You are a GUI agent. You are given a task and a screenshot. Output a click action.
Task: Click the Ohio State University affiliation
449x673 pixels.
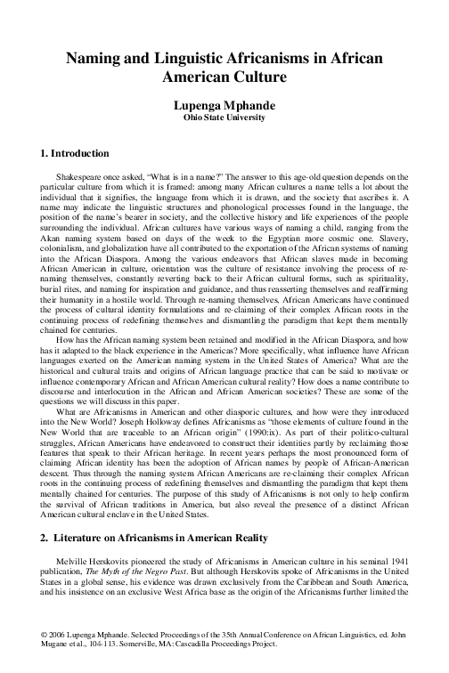[224, 117]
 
